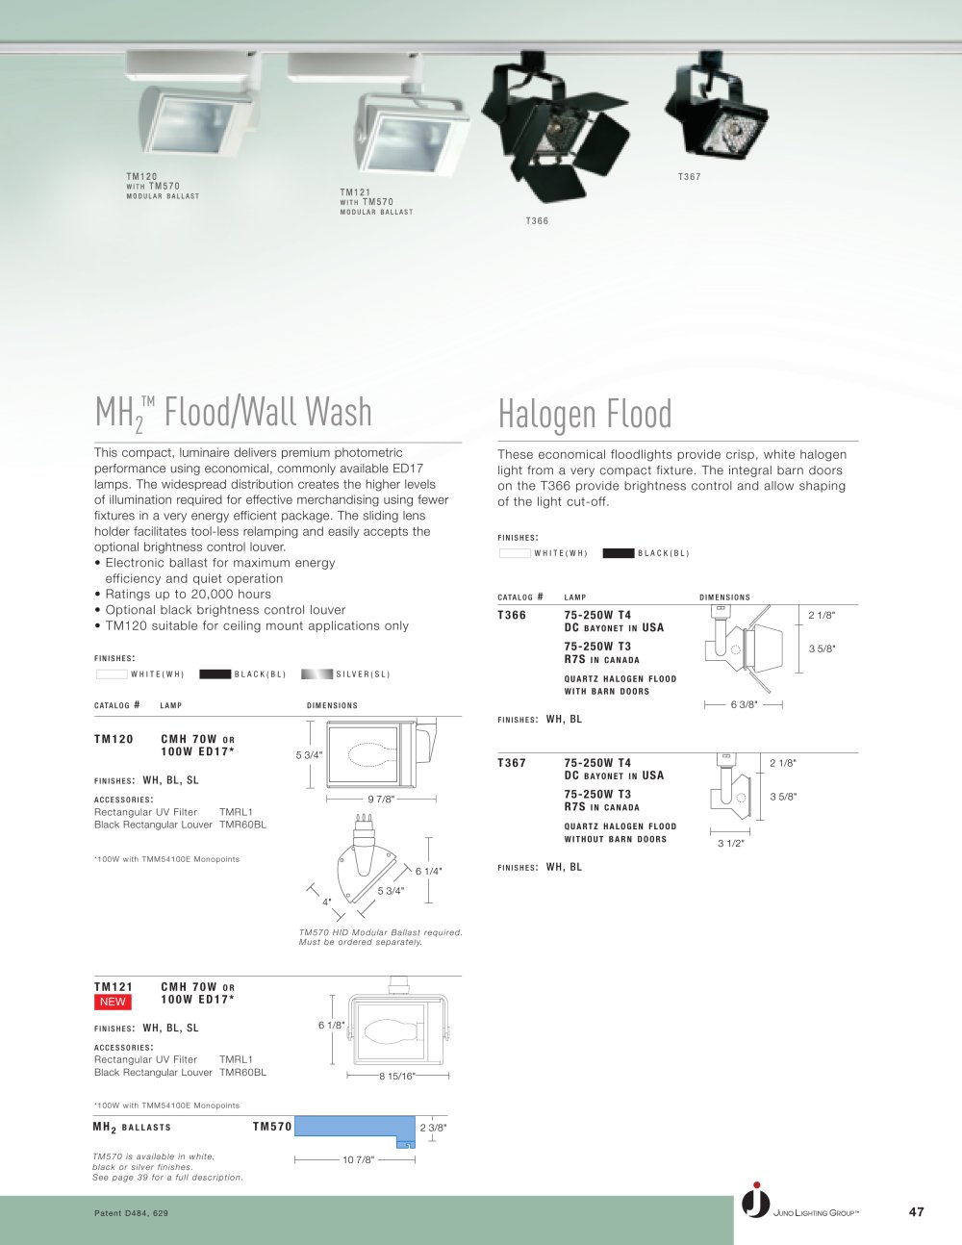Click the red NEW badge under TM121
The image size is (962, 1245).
coord(113,1003)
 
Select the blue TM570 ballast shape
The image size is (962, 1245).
coord(354,1130)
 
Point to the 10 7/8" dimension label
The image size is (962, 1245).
coord(359,1160)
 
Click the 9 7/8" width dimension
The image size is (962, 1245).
coord(381,800)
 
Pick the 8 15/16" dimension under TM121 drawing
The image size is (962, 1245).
coord(396,1076)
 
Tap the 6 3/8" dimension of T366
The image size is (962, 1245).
coord(744,704)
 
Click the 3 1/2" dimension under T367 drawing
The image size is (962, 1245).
coord(731,844)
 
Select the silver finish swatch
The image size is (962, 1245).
coord(316,673)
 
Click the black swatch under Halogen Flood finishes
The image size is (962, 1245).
coord(619,553)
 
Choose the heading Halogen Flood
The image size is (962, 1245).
coord(585,413)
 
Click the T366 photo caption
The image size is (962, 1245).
coord(537,220)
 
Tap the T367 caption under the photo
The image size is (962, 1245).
coord(690,176)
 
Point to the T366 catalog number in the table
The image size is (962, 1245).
coord(512,615)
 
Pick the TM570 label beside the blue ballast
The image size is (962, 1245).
coord(272,1127)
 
